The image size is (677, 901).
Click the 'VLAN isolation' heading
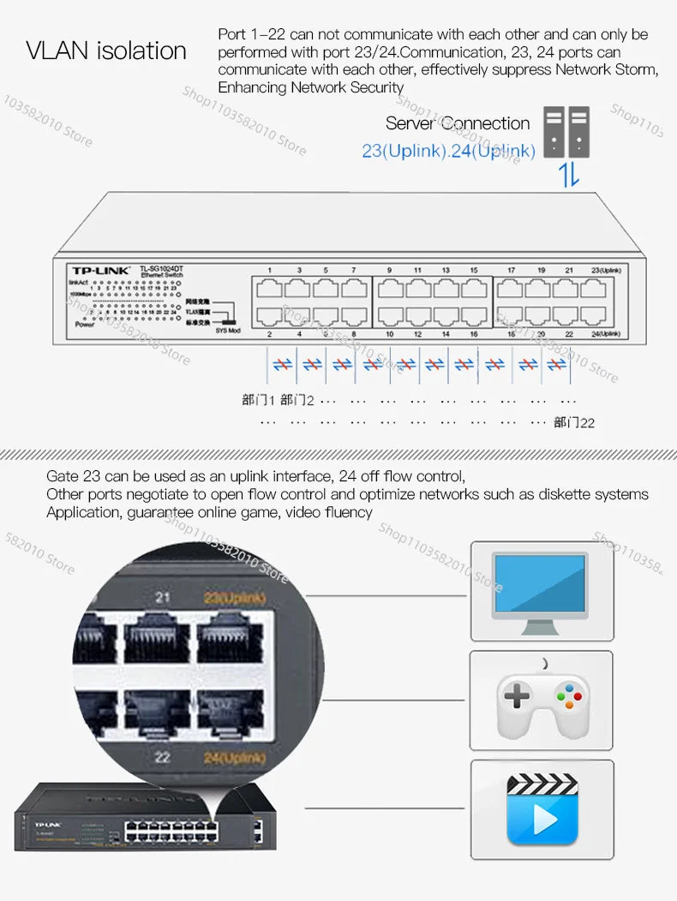[x=106, y=51]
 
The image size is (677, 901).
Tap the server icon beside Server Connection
[x=566, y=132]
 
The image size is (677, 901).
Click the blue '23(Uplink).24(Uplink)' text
[x=448, y=152]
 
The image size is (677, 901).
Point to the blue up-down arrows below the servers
[x=569, y=176]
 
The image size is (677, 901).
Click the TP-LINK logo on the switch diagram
[x=101, y=271]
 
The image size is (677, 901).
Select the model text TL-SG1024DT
[x=161, y=269]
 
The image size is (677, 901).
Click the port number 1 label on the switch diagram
[x=269, y=271]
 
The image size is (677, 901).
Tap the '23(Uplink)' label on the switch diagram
[x=604, y=271]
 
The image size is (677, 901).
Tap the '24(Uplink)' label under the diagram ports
[x=604, y=334]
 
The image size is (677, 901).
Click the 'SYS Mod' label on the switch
[x=228, y=330]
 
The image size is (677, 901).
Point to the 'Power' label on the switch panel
[x=84, y=325]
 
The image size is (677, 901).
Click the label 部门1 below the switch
[x=258, y=400]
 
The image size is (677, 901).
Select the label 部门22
[x=573, y=422]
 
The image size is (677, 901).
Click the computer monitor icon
[x=541, y=590]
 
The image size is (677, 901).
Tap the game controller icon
[x=542, y=702]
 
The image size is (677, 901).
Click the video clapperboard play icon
[x=542, y=809]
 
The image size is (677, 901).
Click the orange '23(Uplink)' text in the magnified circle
[x=234, y=598]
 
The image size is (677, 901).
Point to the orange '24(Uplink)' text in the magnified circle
[x=234, y=757]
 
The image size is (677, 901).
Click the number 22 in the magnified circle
[x=163, y=757]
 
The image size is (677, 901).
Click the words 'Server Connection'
[x=457, y=123]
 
